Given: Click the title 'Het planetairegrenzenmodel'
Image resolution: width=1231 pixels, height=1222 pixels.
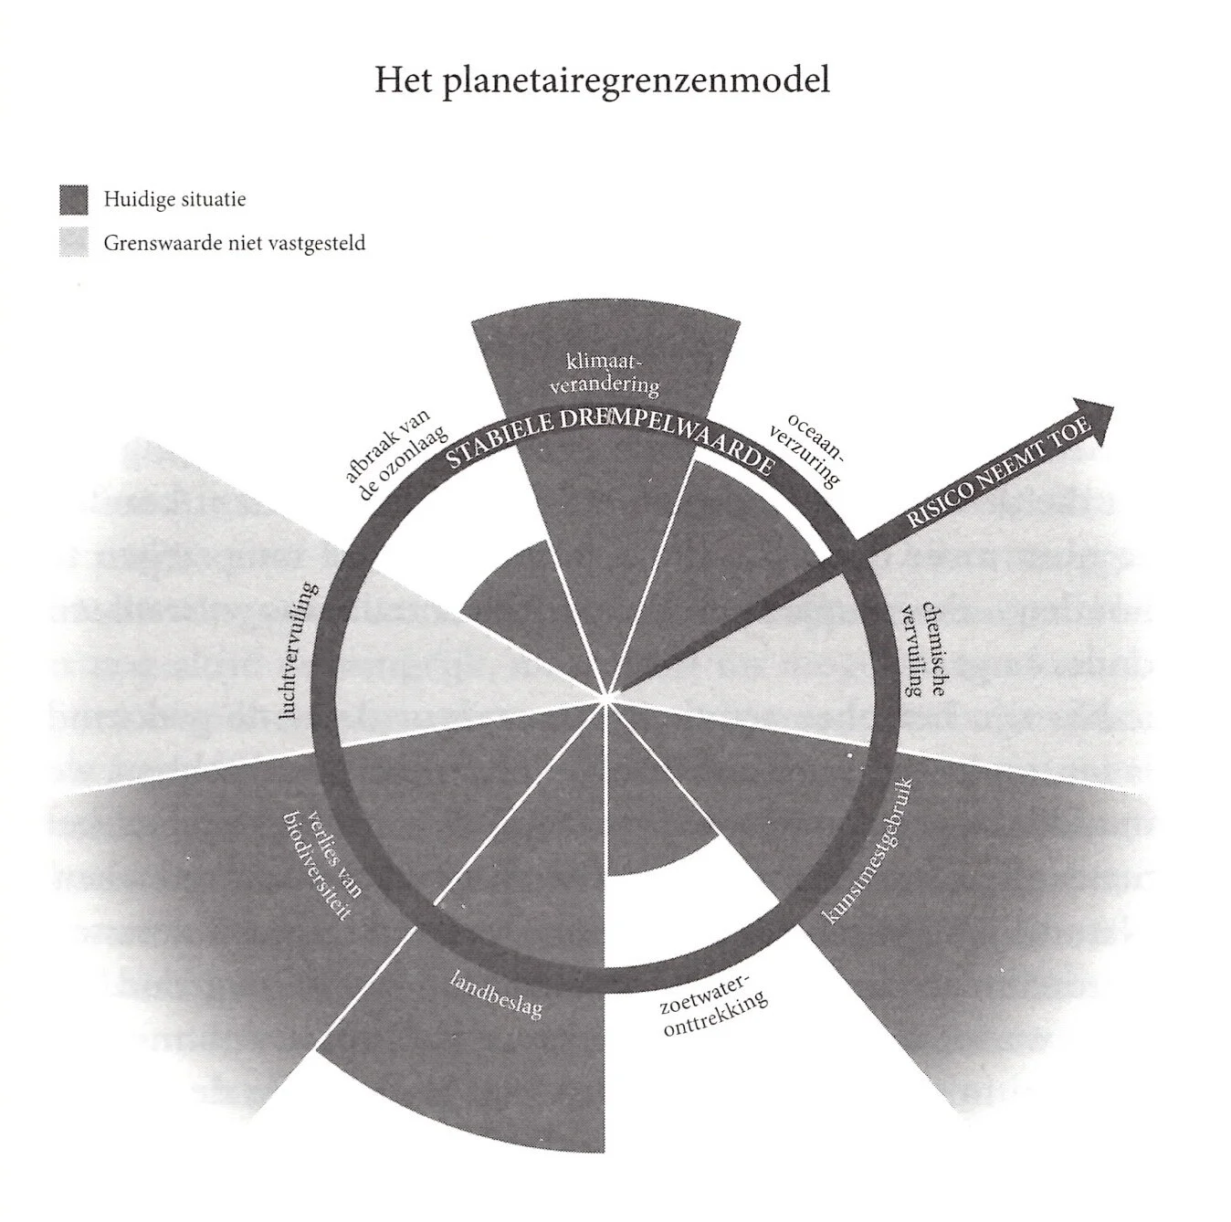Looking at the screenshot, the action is [x=602, y=80].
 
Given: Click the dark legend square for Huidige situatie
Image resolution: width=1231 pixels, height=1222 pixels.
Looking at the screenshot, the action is [x=74, y=199].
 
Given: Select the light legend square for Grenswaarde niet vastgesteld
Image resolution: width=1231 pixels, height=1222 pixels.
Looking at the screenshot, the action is [x=74, y=243].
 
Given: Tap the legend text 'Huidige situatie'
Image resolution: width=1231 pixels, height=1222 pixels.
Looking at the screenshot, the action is [x=174, y=199].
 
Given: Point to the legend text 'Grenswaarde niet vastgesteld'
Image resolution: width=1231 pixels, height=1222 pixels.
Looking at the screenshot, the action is [x=235, y=244].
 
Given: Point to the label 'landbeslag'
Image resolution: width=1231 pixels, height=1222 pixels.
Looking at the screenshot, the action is [x=499, y=994].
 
